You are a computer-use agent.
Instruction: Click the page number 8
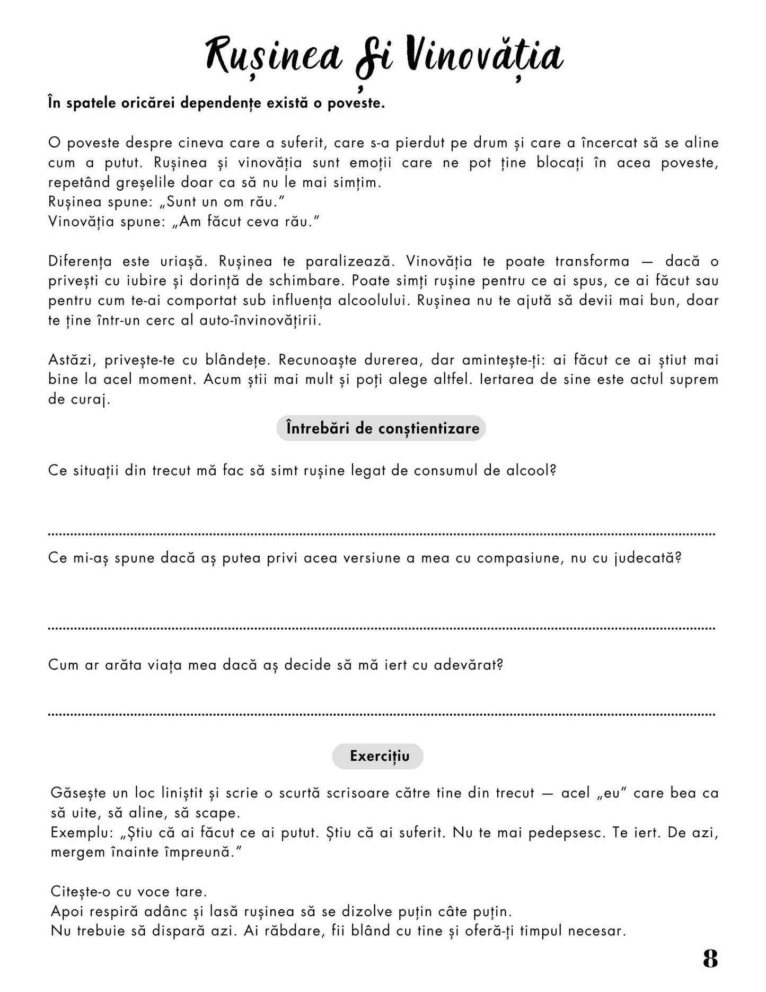click(x=710, y=959)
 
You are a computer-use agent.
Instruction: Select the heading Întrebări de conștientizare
click(x=381, y=428)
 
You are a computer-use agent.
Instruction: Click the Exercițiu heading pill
click(x=378, y=756)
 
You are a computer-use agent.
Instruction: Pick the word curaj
click(x=78, y=399)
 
